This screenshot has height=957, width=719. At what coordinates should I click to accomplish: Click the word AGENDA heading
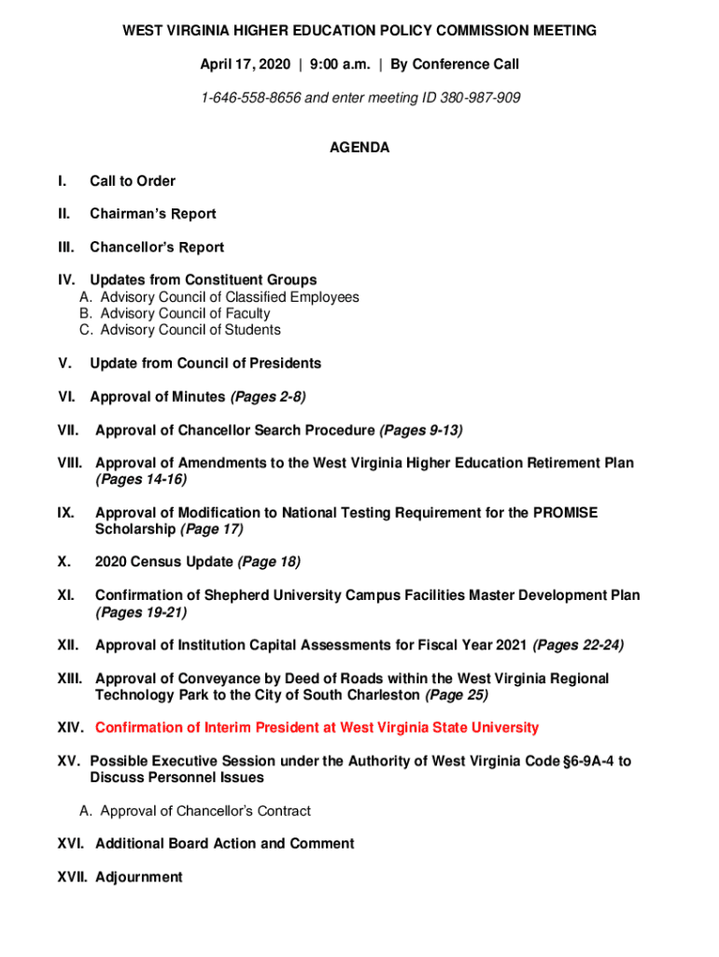pyautogui.click(x=359, y=148)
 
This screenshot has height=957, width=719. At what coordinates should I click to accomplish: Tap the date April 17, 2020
pyautogui.click(x=245, y=64)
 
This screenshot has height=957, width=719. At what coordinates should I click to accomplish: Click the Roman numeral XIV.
pyautogui.click(x=71, y=728)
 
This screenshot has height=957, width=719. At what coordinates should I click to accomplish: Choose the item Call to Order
pyautogui.click(x=133, y=181)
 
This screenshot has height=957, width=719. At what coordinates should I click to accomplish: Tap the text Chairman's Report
pyautogui.click(x=153, y=214)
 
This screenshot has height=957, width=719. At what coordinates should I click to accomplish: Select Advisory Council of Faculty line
pyautogui.click(x=185, y=314)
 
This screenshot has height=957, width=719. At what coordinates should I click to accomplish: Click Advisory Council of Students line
pyautogui.click(x=190, y=330)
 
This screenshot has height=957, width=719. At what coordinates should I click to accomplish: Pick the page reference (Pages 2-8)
pyautogui.click(x=268, y=397)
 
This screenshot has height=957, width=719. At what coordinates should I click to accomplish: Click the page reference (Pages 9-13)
pyautogui.click(x=421, y=431)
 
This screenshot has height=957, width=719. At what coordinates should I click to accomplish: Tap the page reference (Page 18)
pyautogui.click(x=269, y=563)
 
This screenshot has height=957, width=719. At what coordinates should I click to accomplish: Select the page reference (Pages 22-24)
pyautogui.click(x=578, y=646)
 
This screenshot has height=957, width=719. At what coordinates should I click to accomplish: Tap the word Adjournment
pyautogui.click(x=139, y=878)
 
